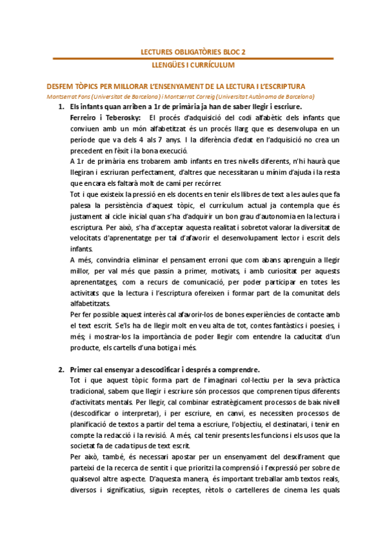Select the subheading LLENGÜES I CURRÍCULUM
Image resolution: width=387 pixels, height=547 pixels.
coord(193,66)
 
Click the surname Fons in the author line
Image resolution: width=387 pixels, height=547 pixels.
coord(76,96)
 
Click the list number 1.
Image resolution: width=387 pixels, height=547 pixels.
coord(61,106)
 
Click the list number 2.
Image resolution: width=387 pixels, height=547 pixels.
coord(61,370)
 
